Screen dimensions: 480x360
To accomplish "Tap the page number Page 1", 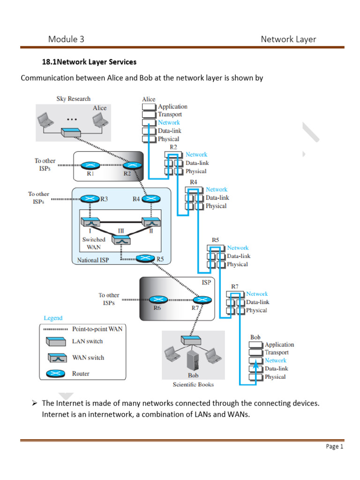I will coord(335,447).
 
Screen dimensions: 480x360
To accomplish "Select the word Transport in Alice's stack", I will coord(170,114).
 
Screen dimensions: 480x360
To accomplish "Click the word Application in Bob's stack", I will coord(279,345).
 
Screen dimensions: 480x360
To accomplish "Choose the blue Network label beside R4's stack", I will coord(217,189).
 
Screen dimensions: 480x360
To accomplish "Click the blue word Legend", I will coord(53,318).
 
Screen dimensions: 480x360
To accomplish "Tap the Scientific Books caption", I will coord(193,384).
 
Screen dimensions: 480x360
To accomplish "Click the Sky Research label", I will coord(73,99).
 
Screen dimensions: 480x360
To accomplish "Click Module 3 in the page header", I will coord(66,39).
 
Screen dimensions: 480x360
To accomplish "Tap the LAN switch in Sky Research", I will coord(73,133).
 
